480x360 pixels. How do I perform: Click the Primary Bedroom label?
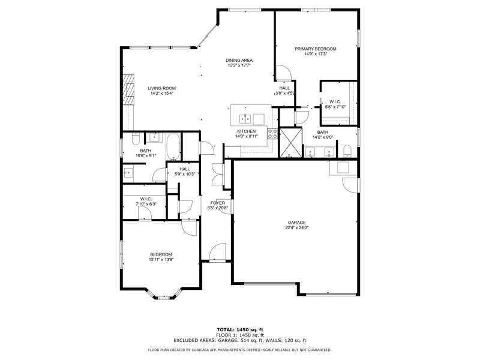point(316,49)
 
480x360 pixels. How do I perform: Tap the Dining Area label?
point(239,61)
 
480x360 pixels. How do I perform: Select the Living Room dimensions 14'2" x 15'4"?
point(161,94)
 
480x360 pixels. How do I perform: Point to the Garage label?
point(296,223)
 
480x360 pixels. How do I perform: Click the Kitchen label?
point(247,131)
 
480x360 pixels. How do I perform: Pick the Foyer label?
point(218,203)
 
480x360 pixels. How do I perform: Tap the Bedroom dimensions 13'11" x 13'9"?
point(161,260)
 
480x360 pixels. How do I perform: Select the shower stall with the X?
point(290,143)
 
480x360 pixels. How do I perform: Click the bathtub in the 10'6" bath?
point(173,146)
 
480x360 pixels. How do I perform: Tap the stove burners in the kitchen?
point(272,133)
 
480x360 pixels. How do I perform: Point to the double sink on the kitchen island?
point(245,118)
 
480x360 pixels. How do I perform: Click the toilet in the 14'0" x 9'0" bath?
point(347,151)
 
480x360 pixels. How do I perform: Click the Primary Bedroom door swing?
point(283,73)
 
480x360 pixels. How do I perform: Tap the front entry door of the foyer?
point(217,252)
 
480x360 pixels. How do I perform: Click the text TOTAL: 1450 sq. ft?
point(240,329)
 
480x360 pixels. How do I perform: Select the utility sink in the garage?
point(343,168)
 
